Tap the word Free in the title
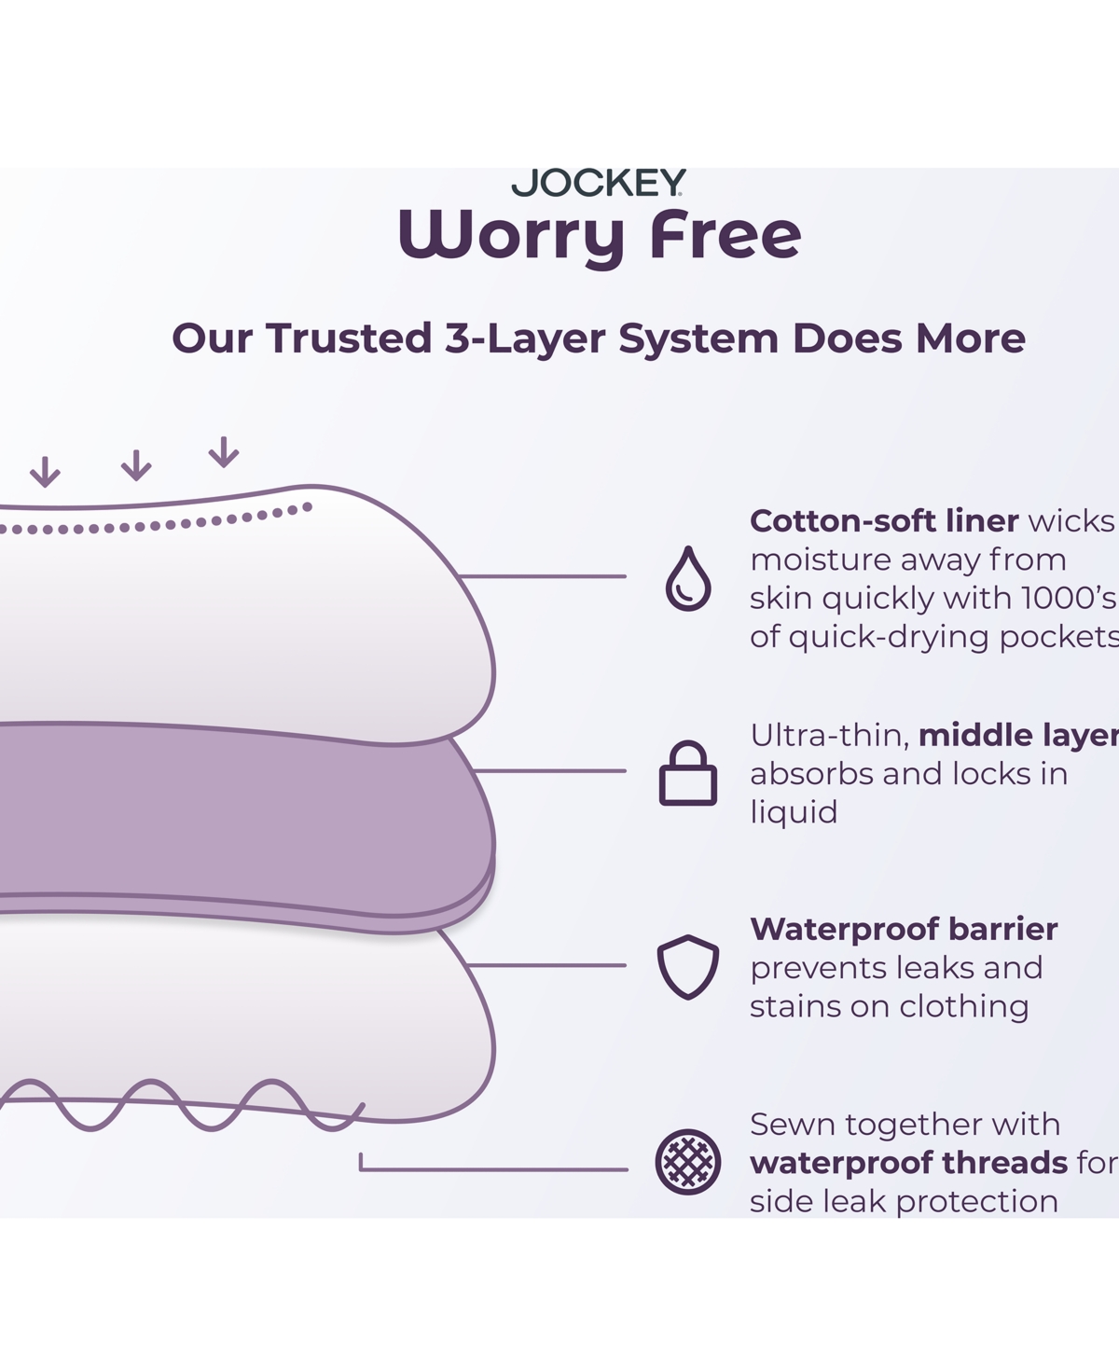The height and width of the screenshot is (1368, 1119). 725,234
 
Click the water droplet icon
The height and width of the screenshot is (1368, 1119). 688,578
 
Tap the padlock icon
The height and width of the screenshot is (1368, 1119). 688,773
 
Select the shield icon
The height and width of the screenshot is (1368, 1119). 688,967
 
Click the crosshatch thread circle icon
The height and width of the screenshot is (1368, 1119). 688,1162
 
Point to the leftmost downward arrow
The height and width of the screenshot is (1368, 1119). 45,472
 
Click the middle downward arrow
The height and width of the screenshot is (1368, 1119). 136,465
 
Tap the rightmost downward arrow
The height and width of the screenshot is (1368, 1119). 224,452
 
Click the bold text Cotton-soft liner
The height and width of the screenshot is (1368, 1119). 884,521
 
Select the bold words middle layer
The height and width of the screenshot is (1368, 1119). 1019,736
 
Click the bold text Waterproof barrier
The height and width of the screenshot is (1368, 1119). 904,929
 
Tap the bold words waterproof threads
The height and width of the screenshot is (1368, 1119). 909,1162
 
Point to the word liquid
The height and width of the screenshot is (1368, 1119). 794,813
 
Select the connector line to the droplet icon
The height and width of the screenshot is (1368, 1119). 543,576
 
